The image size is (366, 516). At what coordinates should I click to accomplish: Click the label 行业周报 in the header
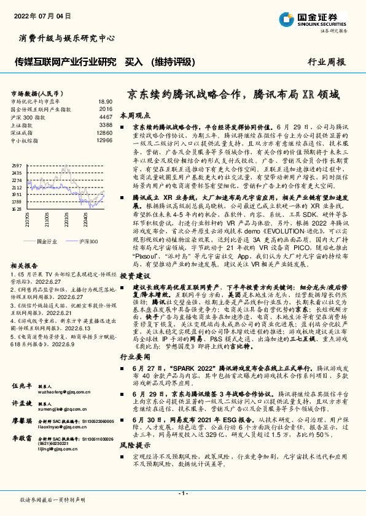click(x=326, y=62)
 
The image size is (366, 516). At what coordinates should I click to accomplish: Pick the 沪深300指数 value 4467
click(x=106, y=116)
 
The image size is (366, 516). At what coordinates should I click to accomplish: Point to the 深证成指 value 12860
click(x=104, y=132)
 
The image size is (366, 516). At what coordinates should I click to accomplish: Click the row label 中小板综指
click(x=25, y=140)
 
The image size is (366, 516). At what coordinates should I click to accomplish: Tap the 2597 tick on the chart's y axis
click(x=17, y=166)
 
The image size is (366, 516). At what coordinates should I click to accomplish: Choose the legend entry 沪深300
click(x=89, y=241)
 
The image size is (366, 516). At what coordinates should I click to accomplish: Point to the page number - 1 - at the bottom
click(x=182, y=494)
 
